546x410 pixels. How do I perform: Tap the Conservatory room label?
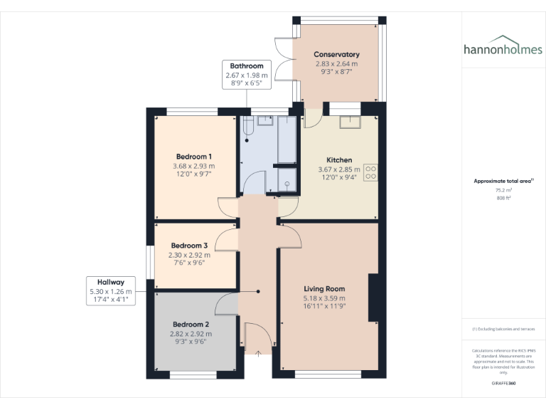(x=336, y=54)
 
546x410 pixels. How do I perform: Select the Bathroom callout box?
(x=247, y=74)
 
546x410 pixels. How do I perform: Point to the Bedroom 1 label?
(x=193, y=157)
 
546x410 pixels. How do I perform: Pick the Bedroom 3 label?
(x=188, y=246)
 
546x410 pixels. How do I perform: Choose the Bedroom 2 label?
(x=191, y=323)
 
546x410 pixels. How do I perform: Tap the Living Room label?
(x=323, y=289)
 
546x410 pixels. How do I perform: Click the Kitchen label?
(x=338, y=160)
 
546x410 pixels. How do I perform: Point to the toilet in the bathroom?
(x=247, y=125)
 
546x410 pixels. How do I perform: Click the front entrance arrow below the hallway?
(x=257, y=352)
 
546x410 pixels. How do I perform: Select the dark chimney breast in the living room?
(x=373, y=298)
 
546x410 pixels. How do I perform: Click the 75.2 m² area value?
(x=503, y=190)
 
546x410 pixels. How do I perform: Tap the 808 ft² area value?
(x=503, y=199)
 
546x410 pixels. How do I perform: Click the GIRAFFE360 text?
(x=503, y=384)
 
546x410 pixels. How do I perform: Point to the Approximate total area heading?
(x=503, y=182)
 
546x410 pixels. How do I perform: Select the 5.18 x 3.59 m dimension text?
(x=323, y=298)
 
